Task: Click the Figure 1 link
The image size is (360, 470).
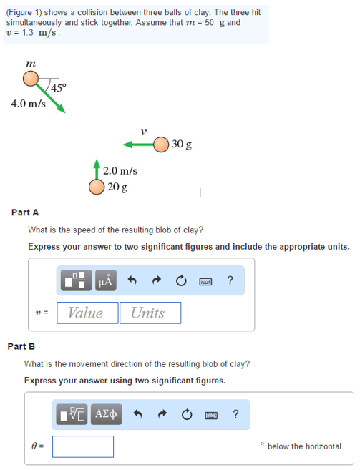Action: tap(24, 12)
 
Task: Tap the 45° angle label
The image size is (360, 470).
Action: tap(59, 87)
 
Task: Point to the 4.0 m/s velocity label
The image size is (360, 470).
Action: tap(29, 104)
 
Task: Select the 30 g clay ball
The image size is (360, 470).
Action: tap(161, 145)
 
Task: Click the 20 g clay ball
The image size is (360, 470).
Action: tap(97, 187)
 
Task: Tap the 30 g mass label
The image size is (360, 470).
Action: tap(182, 145)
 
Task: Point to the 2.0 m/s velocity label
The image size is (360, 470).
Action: tap(120, 171)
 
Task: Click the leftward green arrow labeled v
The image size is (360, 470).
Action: tap(137, 145)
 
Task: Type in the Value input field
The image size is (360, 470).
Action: tap(87, 313)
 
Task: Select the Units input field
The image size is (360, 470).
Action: tap(150, 313)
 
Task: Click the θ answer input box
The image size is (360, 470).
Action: tap(82, 446)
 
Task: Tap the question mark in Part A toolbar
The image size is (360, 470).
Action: tap(229, 280)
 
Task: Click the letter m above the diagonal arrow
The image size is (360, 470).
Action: tap(31, 64)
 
